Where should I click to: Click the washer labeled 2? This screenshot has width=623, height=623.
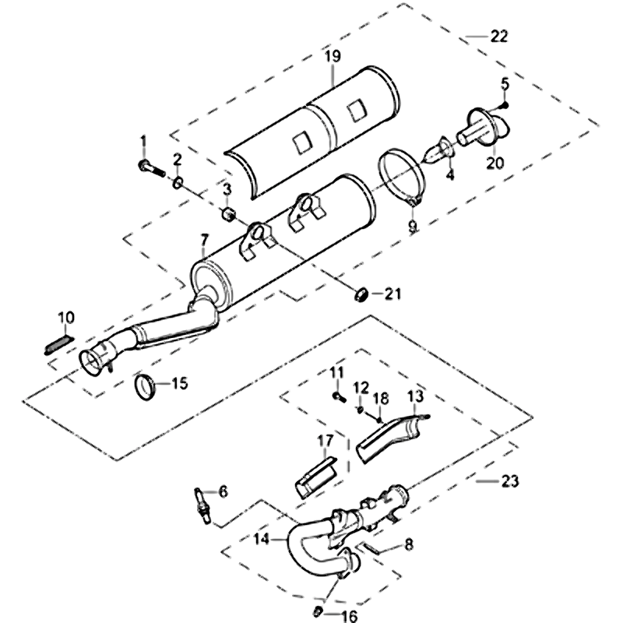(x=178, y=183)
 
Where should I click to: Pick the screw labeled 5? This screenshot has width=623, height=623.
(x=505, y=104)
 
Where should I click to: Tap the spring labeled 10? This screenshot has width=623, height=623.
(x=59, y=343)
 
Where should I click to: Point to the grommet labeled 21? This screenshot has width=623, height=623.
(x=361, y=294)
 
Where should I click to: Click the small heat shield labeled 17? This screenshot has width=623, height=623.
(x=317, y=473)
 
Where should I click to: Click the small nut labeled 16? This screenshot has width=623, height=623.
(x=319, y=609)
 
